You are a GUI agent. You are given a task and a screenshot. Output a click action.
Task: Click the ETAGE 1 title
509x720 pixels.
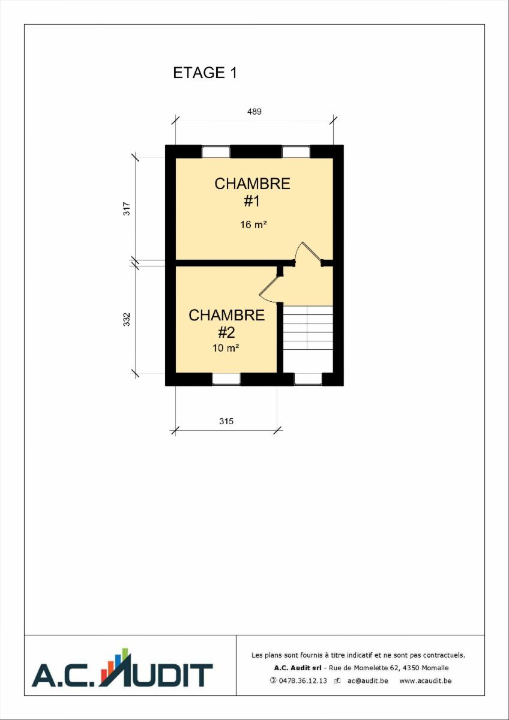coord(205,73)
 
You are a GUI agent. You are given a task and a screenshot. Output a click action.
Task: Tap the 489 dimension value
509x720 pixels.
coord(254,112)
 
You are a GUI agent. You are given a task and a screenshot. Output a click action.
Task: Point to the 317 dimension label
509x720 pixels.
coord(127,208)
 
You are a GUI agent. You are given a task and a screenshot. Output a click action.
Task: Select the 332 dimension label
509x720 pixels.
coord(127,319)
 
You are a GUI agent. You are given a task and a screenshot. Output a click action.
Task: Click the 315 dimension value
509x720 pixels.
coord(226,421)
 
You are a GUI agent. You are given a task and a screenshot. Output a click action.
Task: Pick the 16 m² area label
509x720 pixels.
coord(253,224)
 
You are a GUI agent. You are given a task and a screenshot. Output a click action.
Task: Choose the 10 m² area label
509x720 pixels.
coord(226,348)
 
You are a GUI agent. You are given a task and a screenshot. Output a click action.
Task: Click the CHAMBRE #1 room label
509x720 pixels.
coord(253,192)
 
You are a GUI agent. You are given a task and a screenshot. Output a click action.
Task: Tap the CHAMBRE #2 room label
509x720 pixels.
coord(227,323)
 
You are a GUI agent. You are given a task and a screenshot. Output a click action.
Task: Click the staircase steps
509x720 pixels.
coord(308,327)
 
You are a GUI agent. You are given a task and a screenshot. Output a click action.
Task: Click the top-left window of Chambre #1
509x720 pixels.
coord(215,152)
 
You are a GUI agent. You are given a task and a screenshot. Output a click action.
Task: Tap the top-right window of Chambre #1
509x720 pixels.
coord(296,152)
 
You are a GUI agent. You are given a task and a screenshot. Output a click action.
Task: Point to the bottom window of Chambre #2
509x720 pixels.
coord(226,379)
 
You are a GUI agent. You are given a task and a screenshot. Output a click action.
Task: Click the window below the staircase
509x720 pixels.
coord(308,379)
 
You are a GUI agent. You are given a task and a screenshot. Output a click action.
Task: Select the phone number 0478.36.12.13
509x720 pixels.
coord(299,680)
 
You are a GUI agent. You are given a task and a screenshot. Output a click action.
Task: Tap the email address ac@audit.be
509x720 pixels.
coord(368,680)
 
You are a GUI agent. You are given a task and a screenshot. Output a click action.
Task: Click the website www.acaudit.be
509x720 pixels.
coord(425,680)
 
